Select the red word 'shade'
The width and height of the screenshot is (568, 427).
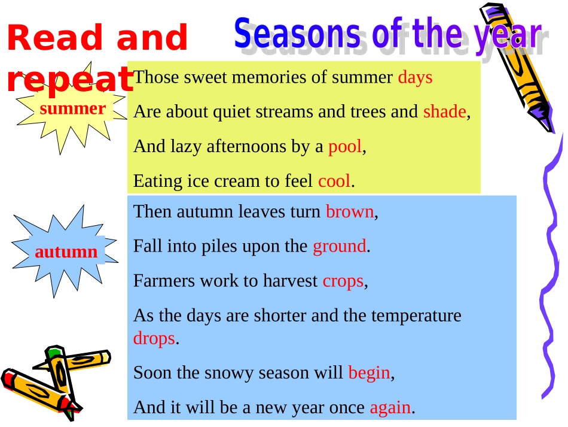pos(444,111)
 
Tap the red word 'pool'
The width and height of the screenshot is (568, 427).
pos(345,147)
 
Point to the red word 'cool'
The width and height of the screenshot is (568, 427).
pos(334,181)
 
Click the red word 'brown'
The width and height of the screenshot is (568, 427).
pos(350,211)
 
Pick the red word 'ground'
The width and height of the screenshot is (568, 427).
pos(340,247)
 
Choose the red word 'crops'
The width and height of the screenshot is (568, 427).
pos(343,281)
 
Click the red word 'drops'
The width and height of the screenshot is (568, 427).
pos(154,339)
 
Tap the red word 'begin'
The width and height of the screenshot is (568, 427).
pos(369,373)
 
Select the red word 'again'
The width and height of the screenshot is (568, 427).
pos(390,408)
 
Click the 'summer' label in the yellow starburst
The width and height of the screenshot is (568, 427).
pos(73,108)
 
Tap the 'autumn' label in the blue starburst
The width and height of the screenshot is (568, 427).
pos(66,252)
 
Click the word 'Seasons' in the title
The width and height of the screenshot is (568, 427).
pos(297,34)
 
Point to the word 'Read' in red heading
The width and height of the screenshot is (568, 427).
pos(54,37)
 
